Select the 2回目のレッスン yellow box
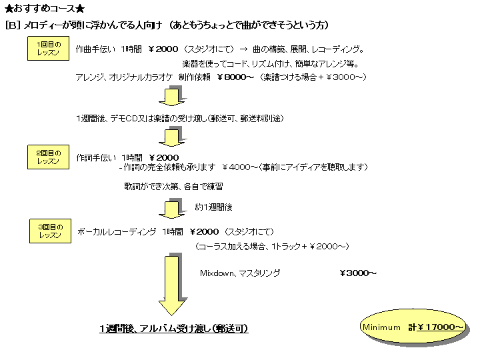(x=48, y=157)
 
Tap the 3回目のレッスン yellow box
(x=50, y=231)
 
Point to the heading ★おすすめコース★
(x=45, y=9)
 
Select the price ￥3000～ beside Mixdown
(x=358, y=273)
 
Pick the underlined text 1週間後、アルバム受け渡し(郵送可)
(x=174, y=329)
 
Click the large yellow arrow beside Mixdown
(x=172, y=283)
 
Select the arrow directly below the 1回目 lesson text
(x=171, y=98)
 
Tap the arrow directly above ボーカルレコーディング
(x=171, y=207)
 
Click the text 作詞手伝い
(x=95, y=157)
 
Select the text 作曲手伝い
(x=95, y=49)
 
